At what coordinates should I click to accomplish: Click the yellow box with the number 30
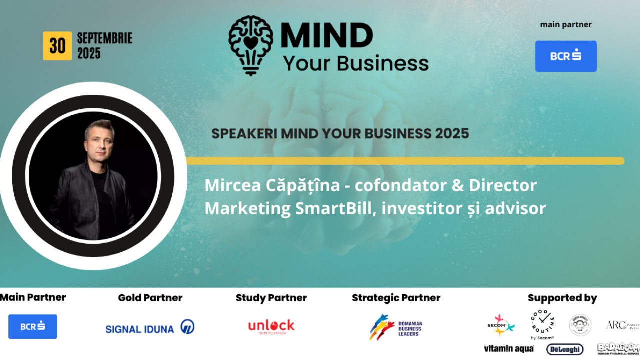click(57, 46)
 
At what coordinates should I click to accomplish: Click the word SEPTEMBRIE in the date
click(104, 38)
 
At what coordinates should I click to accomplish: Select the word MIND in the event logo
click(327, 36)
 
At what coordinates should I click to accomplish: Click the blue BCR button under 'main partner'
click(566, 56)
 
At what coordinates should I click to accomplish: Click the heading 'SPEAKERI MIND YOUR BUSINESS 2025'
click(340, 134)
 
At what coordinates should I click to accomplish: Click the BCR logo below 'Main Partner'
click(33, 326)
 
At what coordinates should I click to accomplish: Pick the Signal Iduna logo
click(150, 327)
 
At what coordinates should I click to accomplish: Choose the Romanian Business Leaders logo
click(396, 327)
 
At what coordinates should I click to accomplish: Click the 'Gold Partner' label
click(150, 298)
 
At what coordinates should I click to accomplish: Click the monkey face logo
click(580, 325)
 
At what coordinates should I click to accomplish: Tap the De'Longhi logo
click(565, 349)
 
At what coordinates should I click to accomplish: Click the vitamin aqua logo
click(508, 349)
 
